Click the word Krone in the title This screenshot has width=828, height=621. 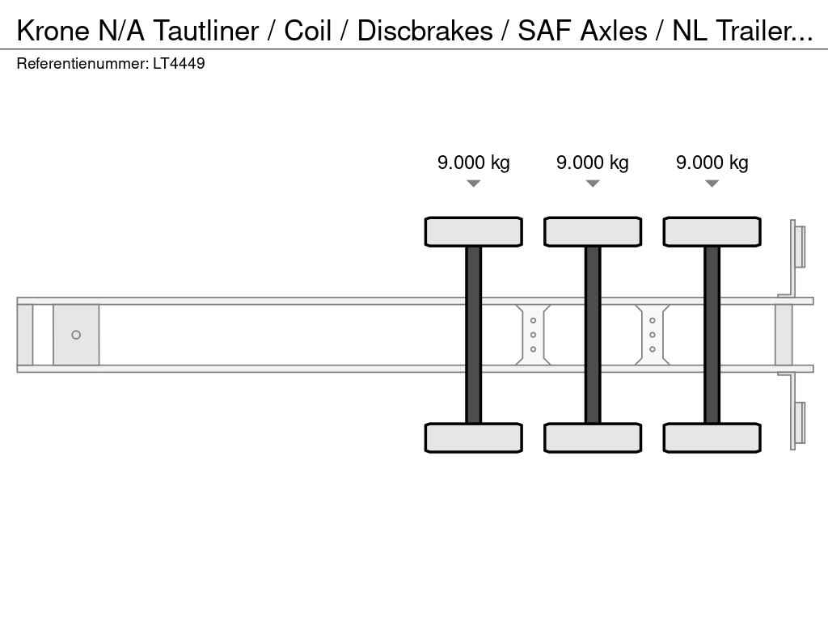pyautogui.click(x=53, y=30)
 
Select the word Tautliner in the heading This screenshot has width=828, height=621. pyautogui.click(x=206, y=30)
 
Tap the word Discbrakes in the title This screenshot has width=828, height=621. pyautogui.click(x=425, y=30)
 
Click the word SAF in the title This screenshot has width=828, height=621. pyautogui.click(x=544, y=30)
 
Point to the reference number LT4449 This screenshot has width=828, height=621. pyautogui.click(x=179, y=63)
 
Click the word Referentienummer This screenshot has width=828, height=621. pyautogui.click(x=82, y=63)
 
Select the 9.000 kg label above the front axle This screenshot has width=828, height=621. pyautogui.click(x=474, y=162)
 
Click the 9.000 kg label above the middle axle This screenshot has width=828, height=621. pyautogui.click(x=593, y=162)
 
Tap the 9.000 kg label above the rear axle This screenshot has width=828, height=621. pyautogui.click(x=712, y=162)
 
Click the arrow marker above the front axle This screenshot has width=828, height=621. pyautogui.click(x=474, y=184)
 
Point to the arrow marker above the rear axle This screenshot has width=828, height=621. pyautogui.click(x=712, y=184)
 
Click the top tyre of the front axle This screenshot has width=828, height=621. pyautogui.click(x=474, y=232)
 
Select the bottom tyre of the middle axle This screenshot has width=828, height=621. pyautogui.click(x=593, y=437)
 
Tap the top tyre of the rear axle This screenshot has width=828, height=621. pyautogui.click(x=712, y=232)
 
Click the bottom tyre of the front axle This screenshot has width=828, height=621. pyautogui.click(x=474, y=437)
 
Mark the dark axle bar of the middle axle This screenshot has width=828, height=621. pyautogui.click(x=593, y=335)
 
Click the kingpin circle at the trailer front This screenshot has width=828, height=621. pyautogui.click(x=76, y=335)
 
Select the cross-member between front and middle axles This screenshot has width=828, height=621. pyautogui.click(x=533, y=335)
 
